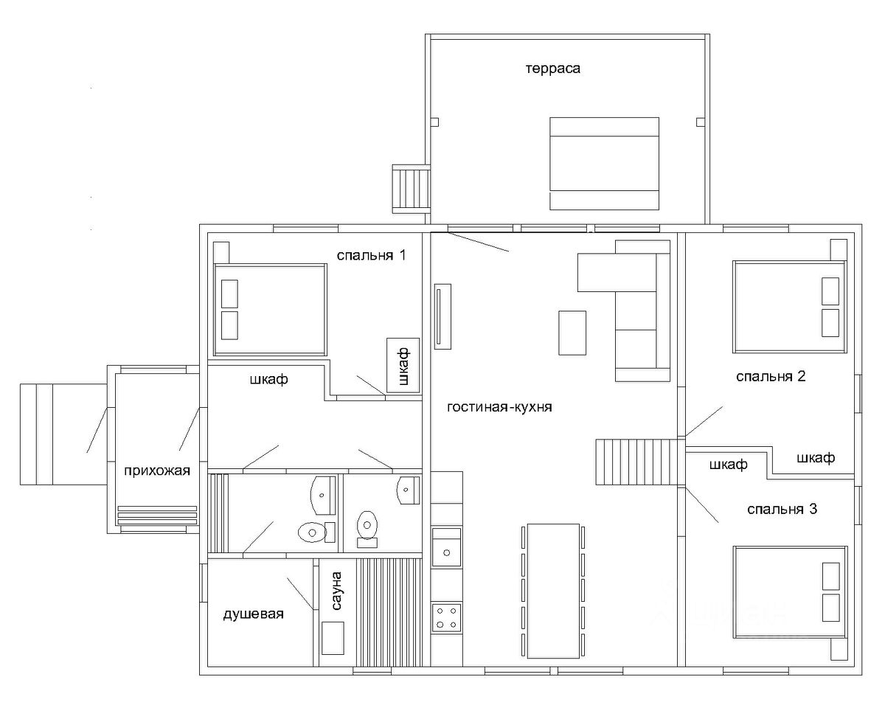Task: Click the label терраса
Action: (x=552, y=69)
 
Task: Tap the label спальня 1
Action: (x=372, y=255)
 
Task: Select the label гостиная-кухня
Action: (x=499, y=407)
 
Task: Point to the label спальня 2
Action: (x=771, y=376)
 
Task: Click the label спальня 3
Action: (x=782, y=510)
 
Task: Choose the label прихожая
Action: (x=157, y=471)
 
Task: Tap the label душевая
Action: (x=253, y=614)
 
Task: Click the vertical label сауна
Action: (x=336, y=591)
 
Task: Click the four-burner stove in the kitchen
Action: (x=447, y=617)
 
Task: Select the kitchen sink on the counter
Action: (x=447, y=547)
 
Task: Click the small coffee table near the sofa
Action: (x=572, y=333)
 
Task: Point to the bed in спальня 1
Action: (x=270, y=310)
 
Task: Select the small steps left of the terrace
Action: (x=411, y=189)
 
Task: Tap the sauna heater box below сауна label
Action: (x=333, y=638)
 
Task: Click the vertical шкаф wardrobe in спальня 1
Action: (x=403, y=365)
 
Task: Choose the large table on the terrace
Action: (x=605, y=164)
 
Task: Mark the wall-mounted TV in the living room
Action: (x=442, y=316)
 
